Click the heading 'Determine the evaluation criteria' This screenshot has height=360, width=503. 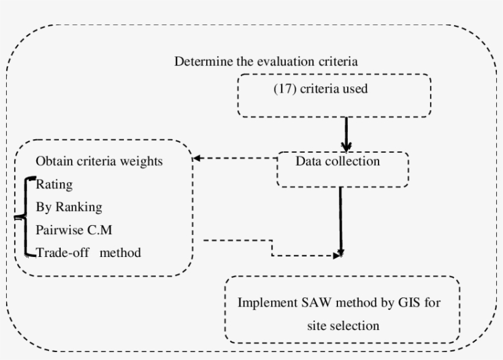[x=266, y=62]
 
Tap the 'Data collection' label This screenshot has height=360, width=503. [x=337, y=162]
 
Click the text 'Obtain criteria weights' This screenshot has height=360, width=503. [x=99, y=161]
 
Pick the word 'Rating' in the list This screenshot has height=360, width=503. [x=54, y=184]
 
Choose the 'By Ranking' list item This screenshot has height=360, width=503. [x=69, y=207]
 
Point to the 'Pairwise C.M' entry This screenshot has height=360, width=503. [x=74, y=229]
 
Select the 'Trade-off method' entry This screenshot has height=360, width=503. [x=88, y=252]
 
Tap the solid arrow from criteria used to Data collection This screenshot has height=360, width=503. [x=346, y=134]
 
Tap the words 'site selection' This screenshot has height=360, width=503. [x=343, y=326]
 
